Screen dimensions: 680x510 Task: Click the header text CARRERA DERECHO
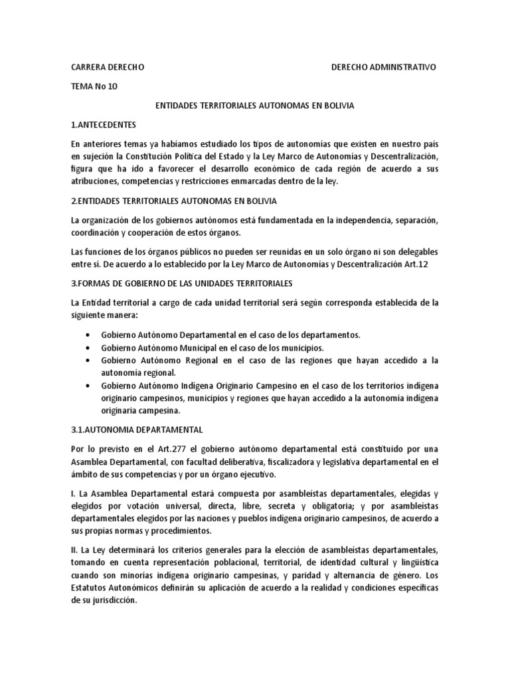(107, 68)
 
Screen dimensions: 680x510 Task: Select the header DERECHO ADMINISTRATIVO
(384, 68)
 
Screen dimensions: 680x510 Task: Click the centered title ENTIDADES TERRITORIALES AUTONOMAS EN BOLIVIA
(255, 106)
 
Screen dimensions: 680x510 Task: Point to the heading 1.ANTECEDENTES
(103, 124)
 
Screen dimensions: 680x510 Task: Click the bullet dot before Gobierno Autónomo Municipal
(88, 348)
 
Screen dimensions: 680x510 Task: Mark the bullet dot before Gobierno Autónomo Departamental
(88, 335)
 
